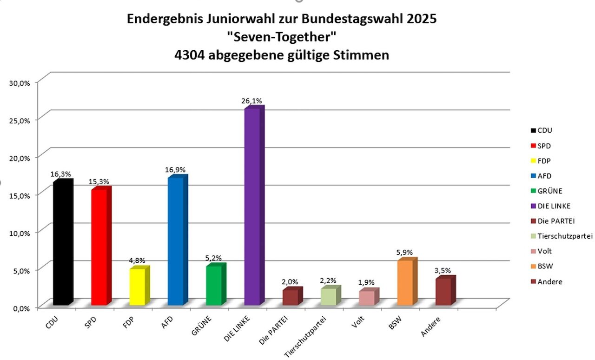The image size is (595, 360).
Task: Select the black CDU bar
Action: point(62,244)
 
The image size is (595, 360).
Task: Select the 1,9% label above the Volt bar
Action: point(366,282)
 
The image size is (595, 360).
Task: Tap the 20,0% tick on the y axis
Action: point(20,157)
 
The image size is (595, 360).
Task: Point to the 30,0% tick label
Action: point(20,82)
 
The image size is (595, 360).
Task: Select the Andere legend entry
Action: point(549,281)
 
